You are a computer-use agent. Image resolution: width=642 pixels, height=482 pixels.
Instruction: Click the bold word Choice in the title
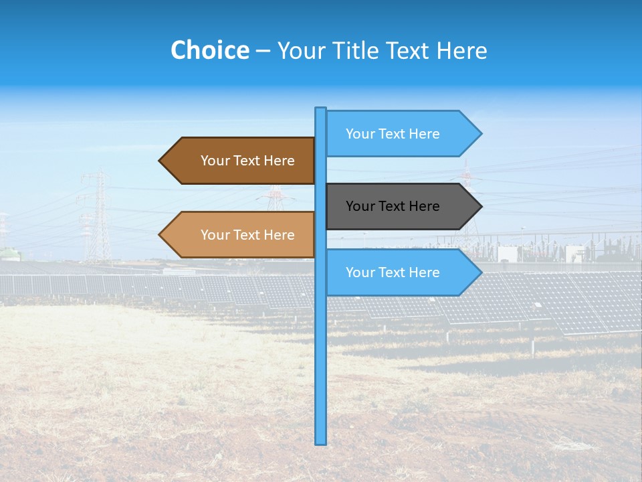click(x=209, y=50)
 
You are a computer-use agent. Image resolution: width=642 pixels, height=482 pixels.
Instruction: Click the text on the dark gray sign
click(x=393, y=206)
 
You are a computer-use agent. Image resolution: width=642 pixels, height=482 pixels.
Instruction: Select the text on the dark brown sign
click(x=247, y=161)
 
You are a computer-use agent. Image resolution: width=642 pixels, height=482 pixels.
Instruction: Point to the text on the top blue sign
click(x=393, y=134)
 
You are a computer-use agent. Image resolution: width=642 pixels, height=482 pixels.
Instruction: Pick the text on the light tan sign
click(x=247, y=235)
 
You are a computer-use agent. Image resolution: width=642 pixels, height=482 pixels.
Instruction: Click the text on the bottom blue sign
click(x=393, y=272)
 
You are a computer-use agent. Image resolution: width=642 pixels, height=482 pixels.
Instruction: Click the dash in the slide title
click(x=263, y=52)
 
